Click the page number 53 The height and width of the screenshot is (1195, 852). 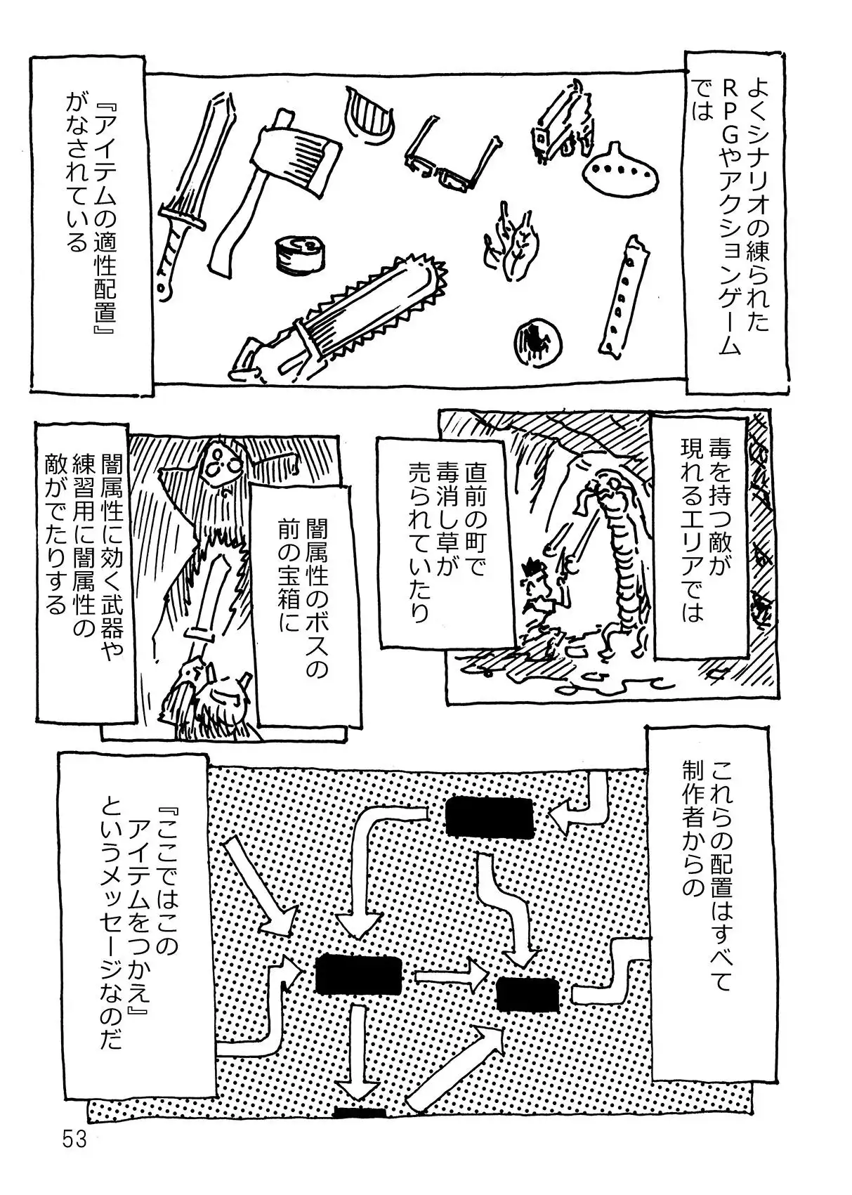[74, 1139]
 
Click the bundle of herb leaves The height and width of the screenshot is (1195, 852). [511, 239]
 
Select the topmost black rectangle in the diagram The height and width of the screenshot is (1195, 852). [490, 817]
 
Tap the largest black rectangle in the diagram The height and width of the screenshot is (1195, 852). [358, 975]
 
